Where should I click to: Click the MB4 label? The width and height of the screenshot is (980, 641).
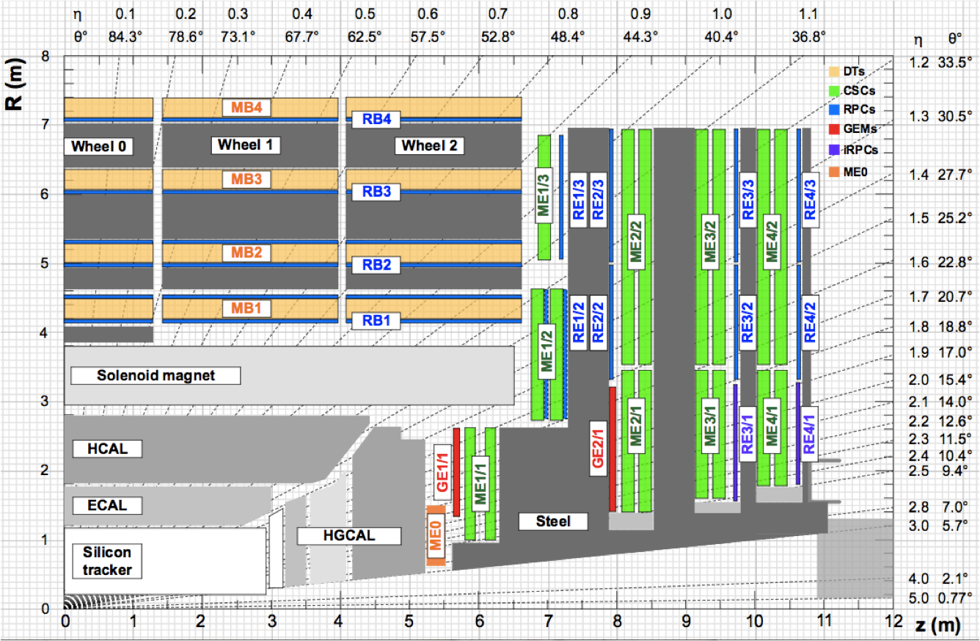[246, 108]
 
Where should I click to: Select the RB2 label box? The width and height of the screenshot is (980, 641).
[376, 265]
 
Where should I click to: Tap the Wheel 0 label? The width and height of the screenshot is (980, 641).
[98, 146]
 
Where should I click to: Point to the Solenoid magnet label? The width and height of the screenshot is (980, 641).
[156, 376]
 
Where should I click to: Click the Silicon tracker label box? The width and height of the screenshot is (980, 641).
[107, 561]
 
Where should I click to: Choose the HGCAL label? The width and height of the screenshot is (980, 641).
[349, 536]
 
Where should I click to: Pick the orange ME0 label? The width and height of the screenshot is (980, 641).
[436, 535]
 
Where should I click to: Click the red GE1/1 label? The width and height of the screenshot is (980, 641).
[442, 472]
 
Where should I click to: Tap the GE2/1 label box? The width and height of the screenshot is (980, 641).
[598, 449]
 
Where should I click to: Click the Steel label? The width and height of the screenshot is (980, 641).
[553, 521]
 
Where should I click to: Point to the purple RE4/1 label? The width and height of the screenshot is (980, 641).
[809, 435]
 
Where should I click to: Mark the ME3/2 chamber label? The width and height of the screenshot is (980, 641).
[711, 242]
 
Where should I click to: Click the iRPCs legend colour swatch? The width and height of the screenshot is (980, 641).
[834, 151]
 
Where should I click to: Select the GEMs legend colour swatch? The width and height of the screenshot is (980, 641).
[834, 129]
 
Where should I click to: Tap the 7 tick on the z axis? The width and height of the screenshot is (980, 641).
[548, 621]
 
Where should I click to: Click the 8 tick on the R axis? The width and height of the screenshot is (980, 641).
[45, 57]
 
